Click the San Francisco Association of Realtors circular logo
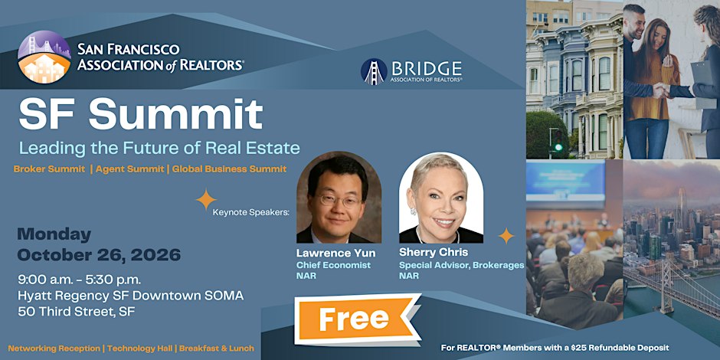point(44,57)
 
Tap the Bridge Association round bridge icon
point(374,72)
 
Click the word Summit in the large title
point(176,114)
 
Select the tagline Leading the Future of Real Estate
point(159,148)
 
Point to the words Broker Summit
point(49,169)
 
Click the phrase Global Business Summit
point(229,169)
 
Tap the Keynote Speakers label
point(251,213)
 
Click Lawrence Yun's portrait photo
point(339,198)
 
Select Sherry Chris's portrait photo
point(441,198)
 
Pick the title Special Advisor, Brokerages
point(461,266)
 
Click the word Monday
point(54,234)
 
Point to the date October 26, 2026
point(99,255)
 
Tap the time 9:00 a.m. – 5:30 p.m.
point(80,280)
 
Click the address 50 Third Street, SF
point(77,312)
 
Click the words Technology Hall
point(140,349)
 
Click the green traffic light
point(558,147)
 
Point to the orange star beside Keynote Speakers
point(206,200)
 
